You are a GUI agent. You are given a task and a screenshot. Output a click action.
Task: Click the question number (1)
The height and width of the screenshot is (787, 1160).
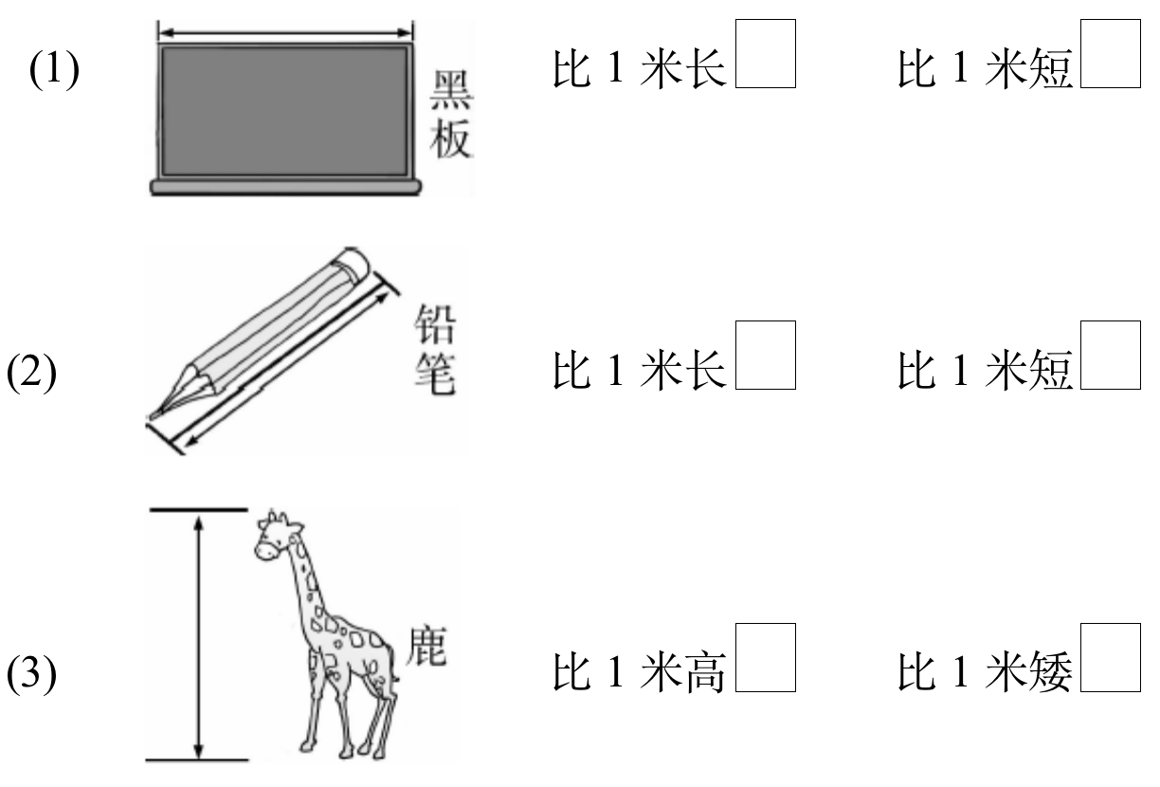54,71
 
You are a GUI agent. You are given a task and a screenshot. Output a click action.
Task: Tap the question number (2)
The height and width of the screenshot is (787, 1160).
32,373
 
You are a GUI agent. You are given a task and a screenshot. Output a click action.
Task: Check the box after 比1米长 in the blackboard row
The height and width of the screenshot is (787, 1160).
765,58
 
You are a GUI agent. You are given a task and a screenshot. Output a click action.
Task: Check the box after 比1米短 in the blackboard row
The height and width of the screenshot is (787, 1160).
1109,58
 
